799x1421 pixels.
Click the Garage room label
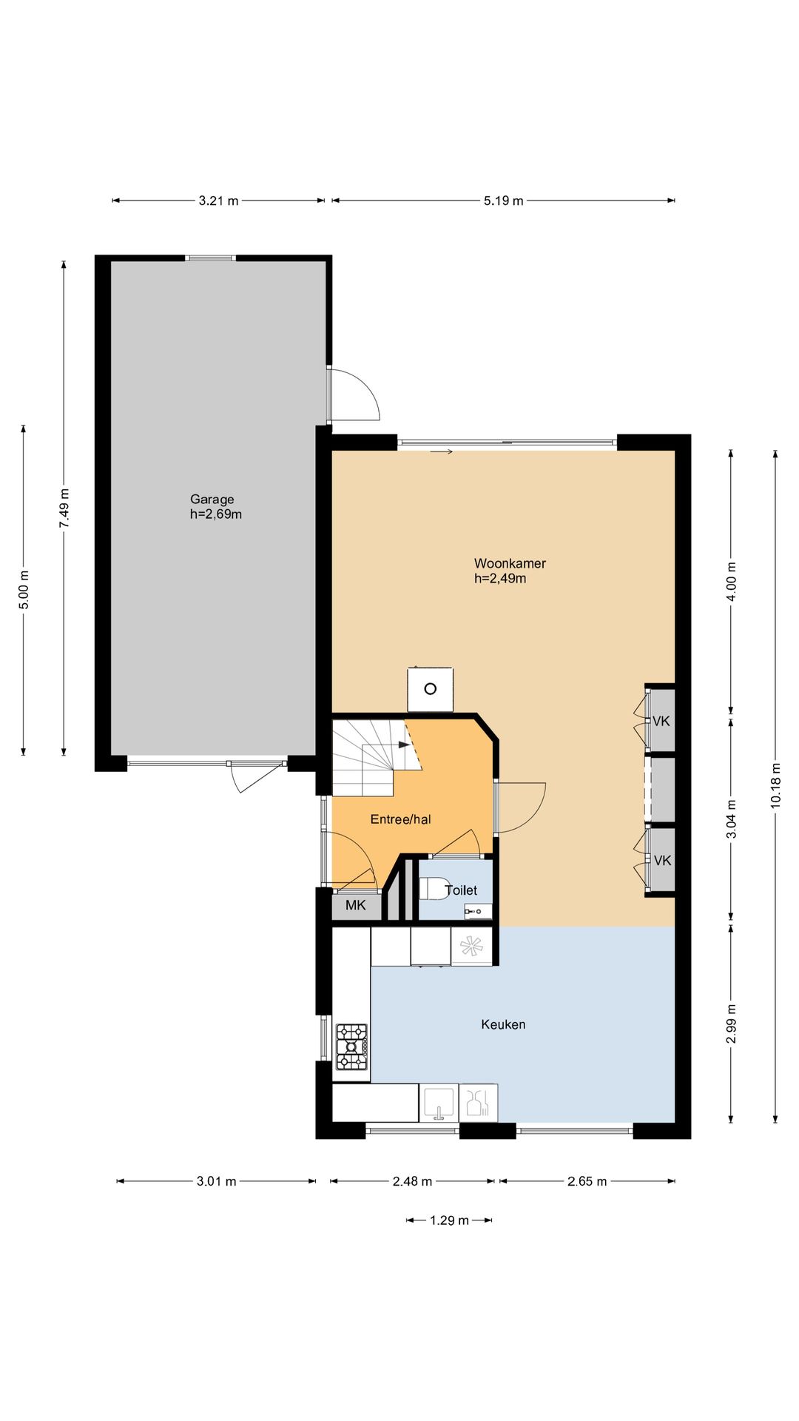click(x=212, y=500)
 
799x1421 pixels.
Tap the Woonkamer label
click(x=510, y=563)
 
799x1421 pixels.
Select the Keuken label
click(x=503, y=1024)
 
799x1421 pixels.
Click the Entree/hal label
click(x=400, y=819)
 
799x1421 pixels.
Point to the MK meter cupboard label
click(x=355, y=905)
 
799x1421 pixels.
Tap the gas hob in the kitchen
click(x=351, y=1047)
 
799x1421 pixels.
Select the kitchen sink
click(x=439, y=1103)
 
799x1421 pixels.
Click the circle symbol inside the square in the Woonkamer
click(x=430, y=689)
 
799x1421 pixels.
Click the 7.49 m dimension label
click(x=64, y=508)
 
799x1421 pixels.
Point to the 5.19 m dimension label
click(x=504, y=201)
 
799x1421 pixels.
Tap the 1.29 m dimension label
click(x=449, y=1220)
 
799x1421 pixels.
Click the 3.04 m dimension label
click(x=731, y=819)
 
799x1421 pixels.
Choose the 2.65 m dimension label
click(x=587, y=1181)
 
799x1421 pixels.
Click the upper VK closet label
click(x=661, y=721)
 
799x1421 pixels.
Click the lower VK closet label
click(x=662, y=860)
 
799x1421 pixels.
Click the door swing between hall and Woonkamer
click(x=522, y=808)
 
